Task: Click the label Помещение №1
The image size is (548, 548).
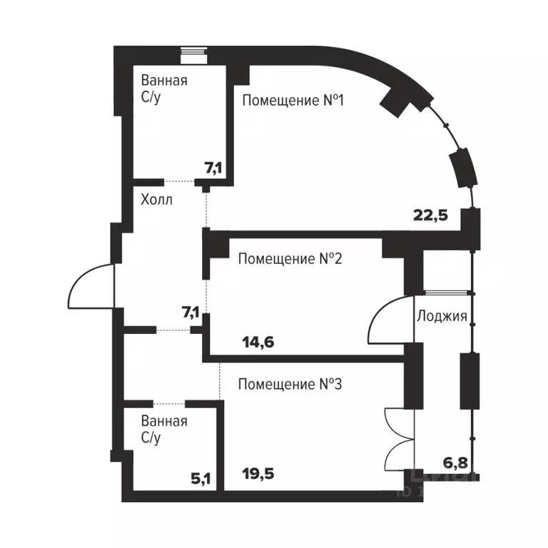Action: pyautogui.click(x=293, y=101)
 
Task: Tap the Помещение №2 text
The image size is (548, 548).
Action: pyautogui.click(x=290, y=258)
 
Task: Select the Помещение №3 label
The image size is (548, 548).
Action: pyautogui.click(x=290, y=385)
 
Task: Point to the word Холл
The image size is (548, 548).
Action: pyautogui.click(x=156, y=201)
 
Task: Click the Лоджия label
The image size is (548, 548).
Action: pyautogui.click(x=442, y=316)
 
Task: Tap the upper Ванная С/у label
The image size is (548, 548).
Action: pyautogui.click(x=164, y=88)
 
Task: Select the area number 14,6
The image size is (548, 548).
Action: pyautogui.click(x=258, y=342)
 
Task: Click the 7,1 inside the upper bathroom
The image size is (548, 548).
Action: pyautogui.click(x=213, y=168)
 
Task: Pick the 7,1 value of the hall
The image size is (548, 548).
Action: pyautogui.click(x=191, y=311)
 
